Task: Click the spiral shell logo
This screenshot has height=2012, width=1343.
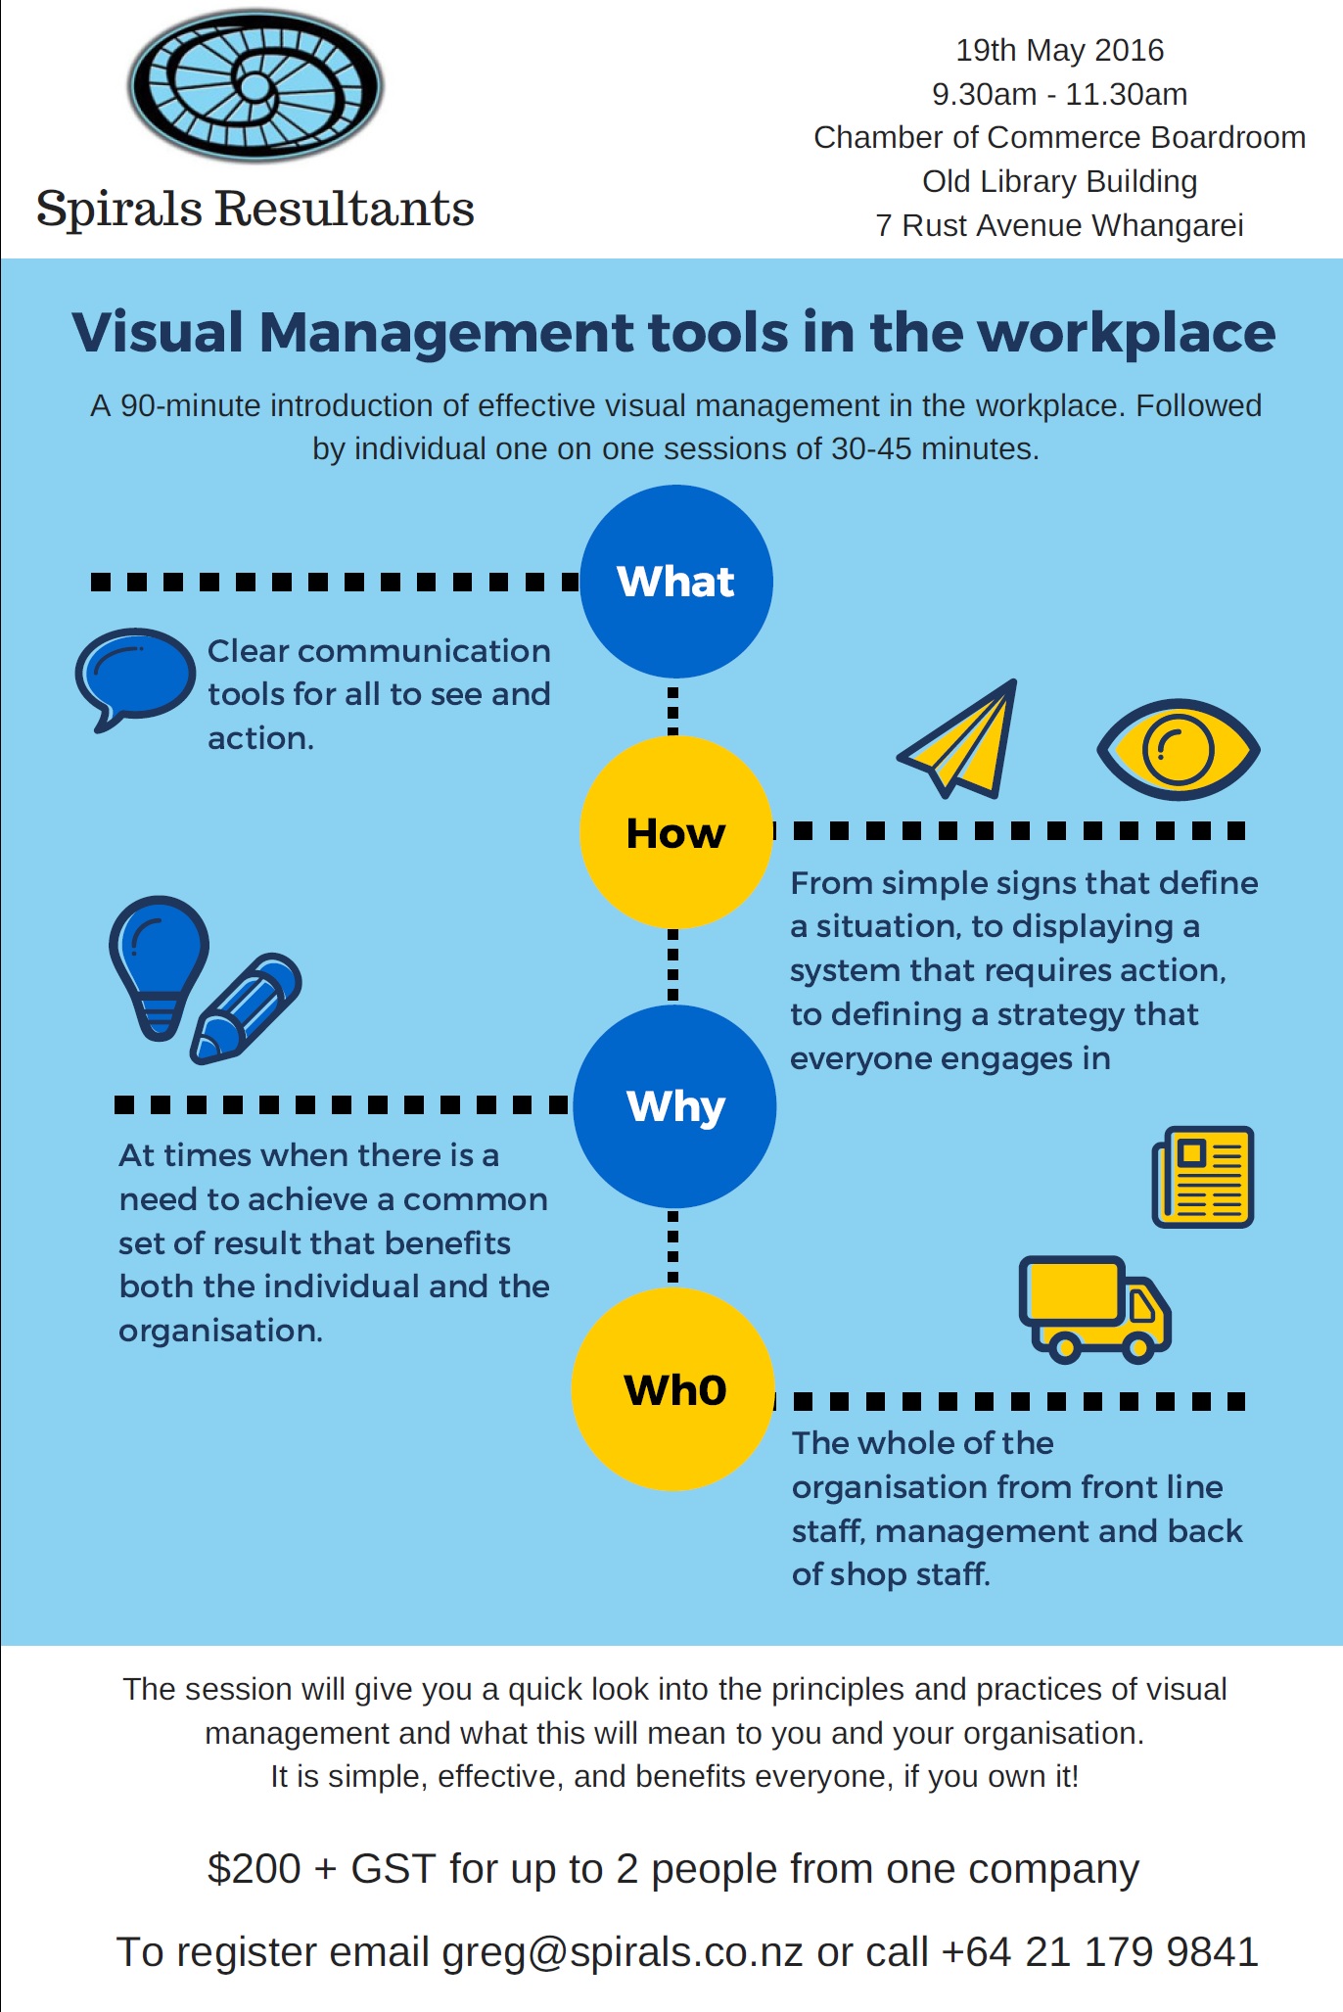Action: click(255, 86)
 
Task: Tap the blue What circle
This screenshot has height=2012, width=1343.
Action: click(676, 582)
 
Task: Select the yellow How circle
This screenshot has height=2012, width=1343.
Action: click(675, 832)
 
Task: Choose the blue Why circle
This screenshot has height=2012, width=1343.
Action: click(675, 1106)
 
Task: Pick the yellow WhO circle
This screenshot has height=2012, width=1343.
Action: click(673, 1389)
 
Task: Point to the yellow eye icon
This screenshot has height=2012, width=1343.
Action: click(1179, 750)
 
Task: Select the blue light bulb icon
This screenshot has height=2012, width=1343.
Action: click(159, 965)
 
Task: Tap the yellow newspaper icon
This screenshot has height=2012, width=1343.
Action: click(1203, 1176)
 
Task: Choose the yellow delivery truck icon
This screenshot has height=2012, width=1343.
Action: click(1094, 1309)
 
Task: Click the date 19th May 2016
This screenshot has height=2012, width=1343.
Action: click(1060, 50)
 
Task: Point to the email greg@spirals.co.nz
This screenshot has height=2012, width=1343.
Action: click(623, 1951)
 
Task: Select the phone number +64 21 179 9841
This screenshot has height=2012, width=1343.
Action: click(1099, 1951)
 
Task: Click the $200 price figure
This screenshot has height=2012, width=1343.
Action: click(254, 1868)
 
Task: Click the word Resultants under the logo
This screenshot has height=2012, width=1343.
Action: click(345, 209)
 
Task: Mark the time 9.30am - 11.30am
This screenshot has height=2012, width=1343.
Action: click(1060, 94)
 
